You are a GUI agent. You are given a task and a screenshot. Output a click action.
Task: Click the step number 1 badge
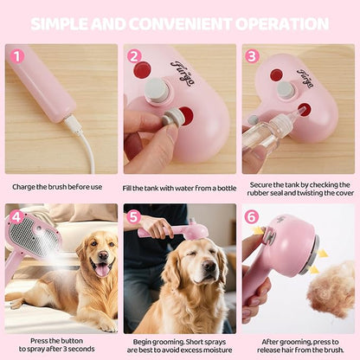[16, 56]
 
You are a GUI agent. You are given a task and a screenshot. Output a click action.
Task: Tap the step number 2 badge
[134, 56]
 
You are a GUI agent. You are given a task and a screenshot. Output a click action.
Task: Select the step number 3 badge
[252, 56]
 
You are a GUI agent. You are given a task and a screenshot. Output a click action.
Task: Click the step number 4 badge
[16, 216]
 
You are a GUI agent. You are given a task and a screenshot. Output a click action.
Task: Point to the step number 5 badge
[134, 216]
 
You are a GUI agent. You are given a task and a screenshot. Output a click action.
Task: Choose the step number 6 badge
[252, 216]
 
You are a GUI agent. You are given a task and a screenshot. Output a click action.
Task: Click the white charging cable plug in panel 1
[74, 127]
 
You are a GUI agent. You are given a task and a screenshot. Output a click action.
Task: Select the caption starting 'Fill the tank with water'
[179, 186]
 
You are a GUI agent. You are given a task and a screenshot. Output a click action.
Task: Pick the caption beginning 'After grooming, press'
[298, 345]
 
